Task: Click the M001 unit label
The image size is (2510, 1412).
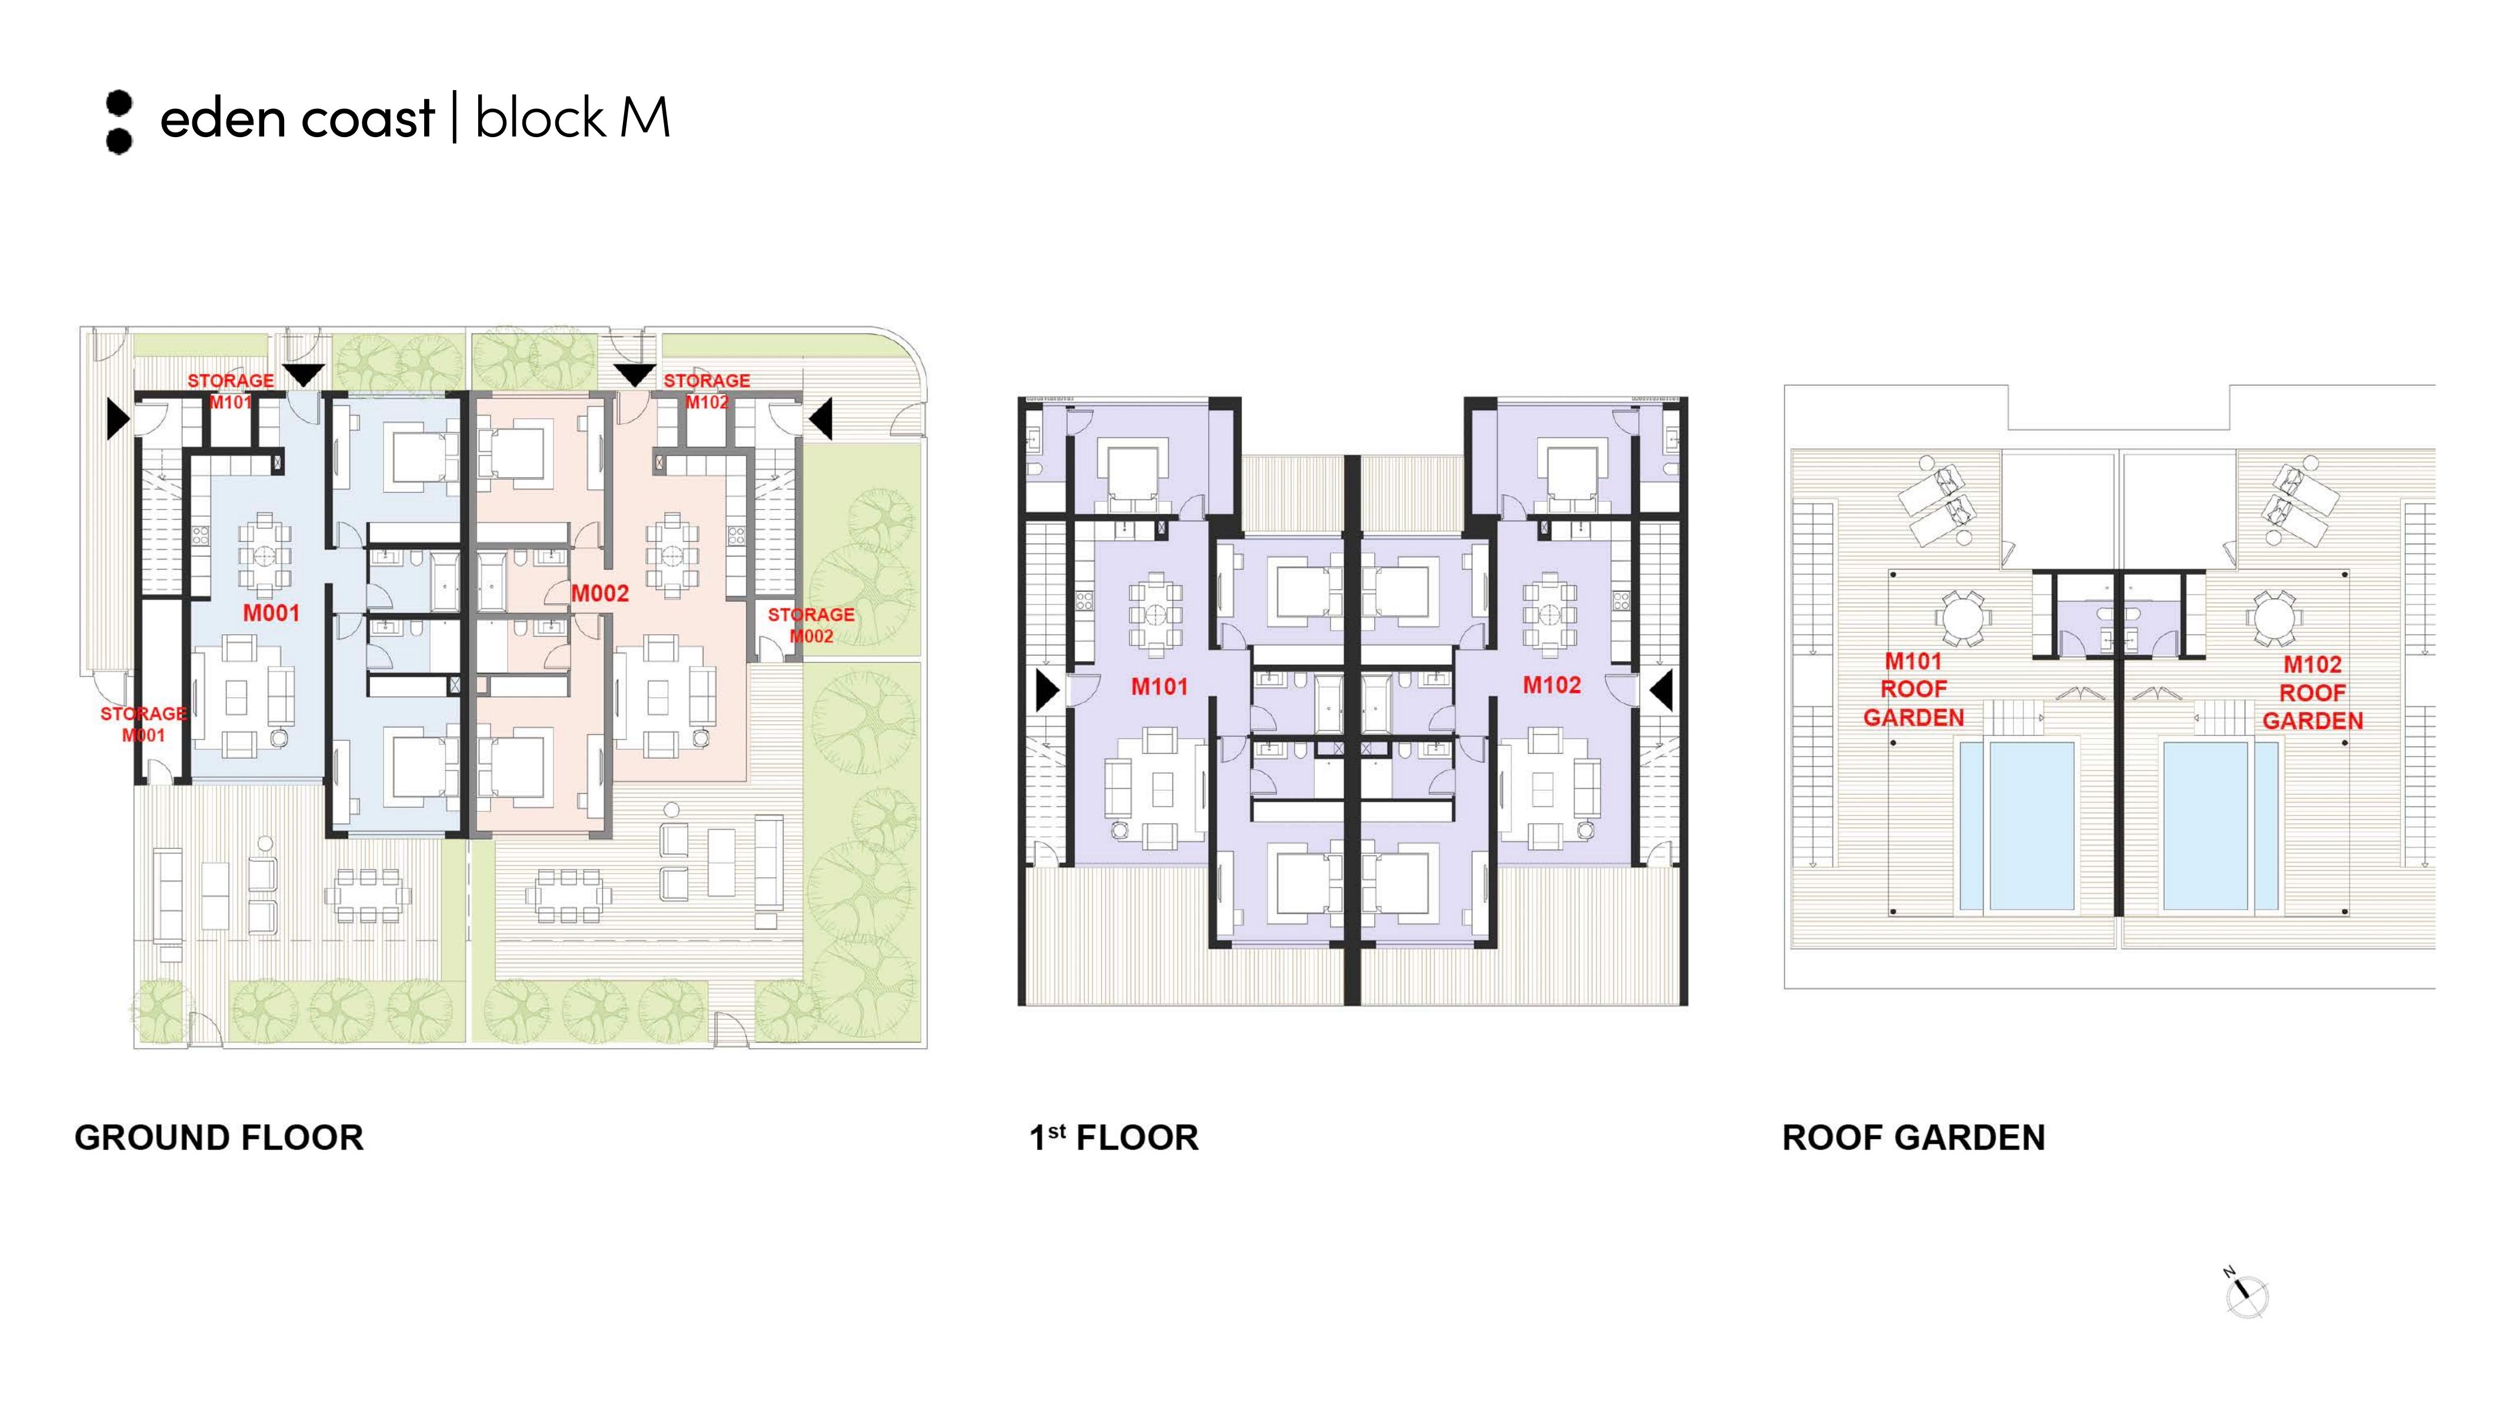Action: click(271, 613)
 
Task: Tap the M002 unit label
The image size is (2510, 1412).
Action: click(600, 594)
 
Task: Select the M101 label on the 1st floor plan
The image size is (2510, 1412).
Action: click(1159, 687)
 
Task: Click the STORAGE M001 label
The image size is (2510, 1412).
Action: click(143, 724)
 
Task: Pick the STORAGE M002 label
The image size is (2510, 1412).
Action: click(811, 625)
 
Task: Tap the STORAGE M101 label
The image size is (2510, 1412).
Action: click(231, 391)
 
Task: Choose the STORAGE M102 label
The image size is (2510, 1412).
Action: click(706, 391)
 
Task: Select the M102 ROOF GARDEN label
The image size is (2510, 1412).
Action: click(2313, 693)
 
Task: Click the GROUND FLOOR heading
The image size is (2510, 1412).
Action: click(219, 1137)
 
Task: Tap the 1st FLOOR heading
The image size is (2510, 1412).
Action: click(1114, 1137)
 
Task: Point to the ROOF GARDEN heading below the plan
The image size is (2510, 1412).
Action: click(1914, 1137)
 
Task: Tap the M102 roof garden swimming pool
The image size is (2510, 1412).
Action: click(2221, 827)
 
